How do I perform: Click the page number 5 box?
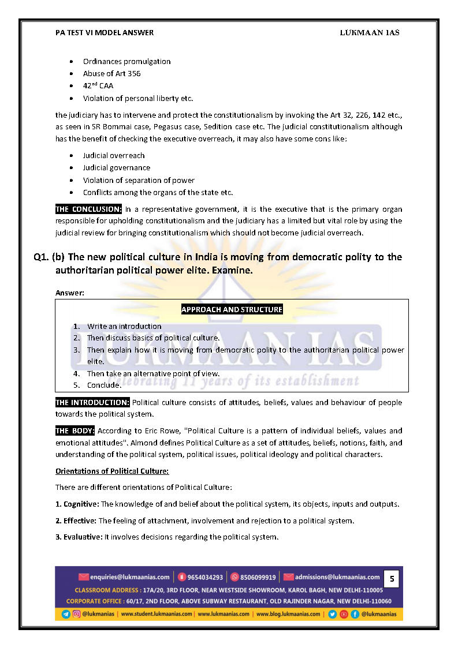click(x=392, y=578)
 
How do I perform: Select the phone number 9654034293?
click(x=204, y=577)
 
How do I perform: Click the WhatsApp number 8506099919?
click(x=258, y=577)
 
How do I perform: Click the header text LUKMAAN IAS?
click(x=370, y=33)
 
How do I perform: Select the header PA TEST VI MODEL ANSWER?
click(x=105, y=33)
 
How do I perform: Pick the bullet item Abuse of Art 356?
click(x=111, y=74)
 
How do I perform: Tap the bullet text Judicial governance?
click(x=116, y=168)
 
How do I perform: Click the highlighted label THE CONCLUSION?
click(x=88, y=209)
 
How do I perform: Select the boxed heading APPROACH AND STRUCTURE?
click(x=232, y=310)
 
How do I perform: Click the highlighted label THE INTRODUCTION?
click(x=92, y=402)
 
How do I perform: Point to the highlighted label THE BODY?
click(x=75, y=431)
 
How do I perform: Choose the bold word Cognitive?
click(x=81, y=504)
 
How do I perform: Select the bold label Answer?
click(x=70, y=293)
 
